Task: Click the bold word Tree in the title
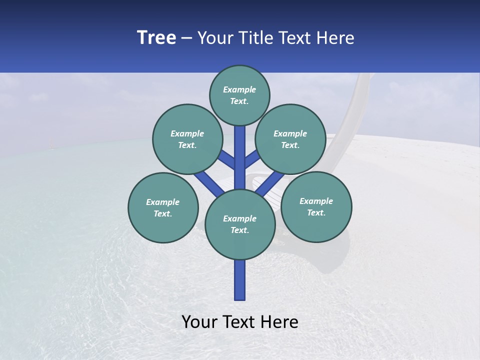point(156,38)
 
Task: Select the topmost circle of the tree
point(239,95)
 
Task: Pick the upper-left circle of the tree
point(187,139)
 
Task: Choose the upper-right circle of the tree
point(290,139)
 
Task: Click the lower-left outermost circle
point(163,207)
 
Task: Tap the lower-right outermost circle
point(316,206)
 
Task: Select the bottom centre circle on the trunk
point(240,224)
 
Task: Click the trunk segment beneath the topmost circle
point(240,150)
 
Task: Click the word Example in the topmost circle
point(239,89)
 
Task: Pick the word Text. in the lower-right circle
point(316,212)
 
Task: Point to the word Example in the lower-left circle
point(163,202)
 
